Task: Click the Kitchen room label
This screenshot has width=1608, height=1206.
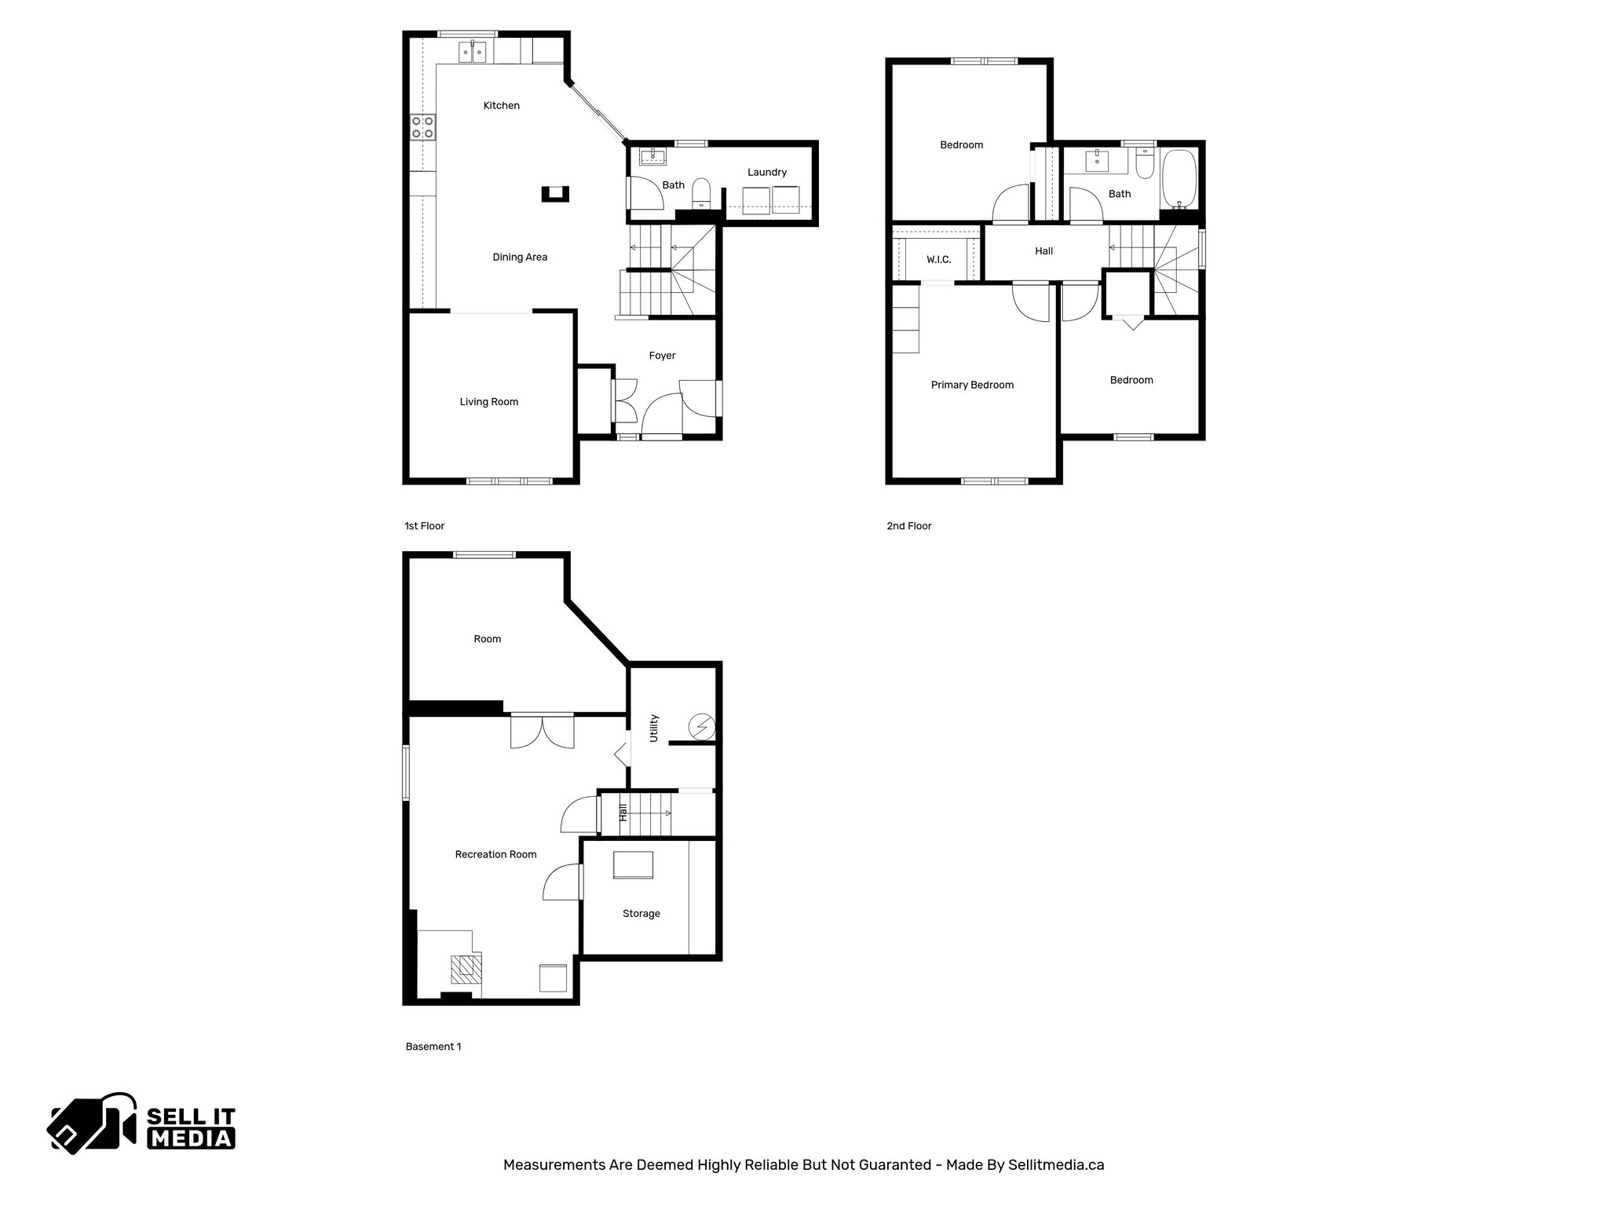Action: (501, 106)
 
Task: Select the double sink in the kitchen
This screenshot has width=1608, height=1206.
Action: (473, 53)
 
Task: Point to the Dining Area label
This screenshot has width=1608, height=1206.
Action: (520, 258)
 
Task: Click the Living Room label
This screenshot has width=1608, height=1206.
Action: (488, 402)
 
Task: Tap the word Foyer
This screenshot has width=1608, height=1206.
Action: (662, 356)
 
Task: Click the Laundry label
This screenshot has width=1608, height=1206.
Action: (766, 173)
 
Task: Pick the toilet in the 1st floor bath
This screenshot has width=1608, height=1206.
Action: (701, 194)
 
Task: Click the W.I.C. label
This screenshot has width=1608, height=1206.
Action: (938, 260)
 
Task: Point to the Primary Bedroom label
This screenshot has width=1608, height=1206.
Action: (972, 385)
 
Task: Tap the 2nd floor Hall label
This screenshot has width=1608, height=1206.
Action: (1043, 251)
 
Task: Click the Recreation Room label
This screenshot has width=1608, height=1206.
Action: (495, 854)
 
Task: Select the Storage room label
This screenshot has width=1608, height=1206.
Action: (641, 914)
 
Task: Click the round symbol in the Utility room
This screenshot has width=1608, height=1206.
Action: (700, 728)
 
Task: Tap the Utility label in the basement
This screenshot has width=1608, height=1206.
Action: (654, 729)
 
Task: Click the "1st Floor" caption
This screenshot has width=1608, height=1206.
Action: (424, 526)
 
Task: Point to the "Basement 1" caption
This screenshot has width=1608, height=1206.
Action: (433, 1047)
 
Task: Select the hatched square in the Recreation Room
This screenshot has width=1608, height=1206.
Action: (466, 969)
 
